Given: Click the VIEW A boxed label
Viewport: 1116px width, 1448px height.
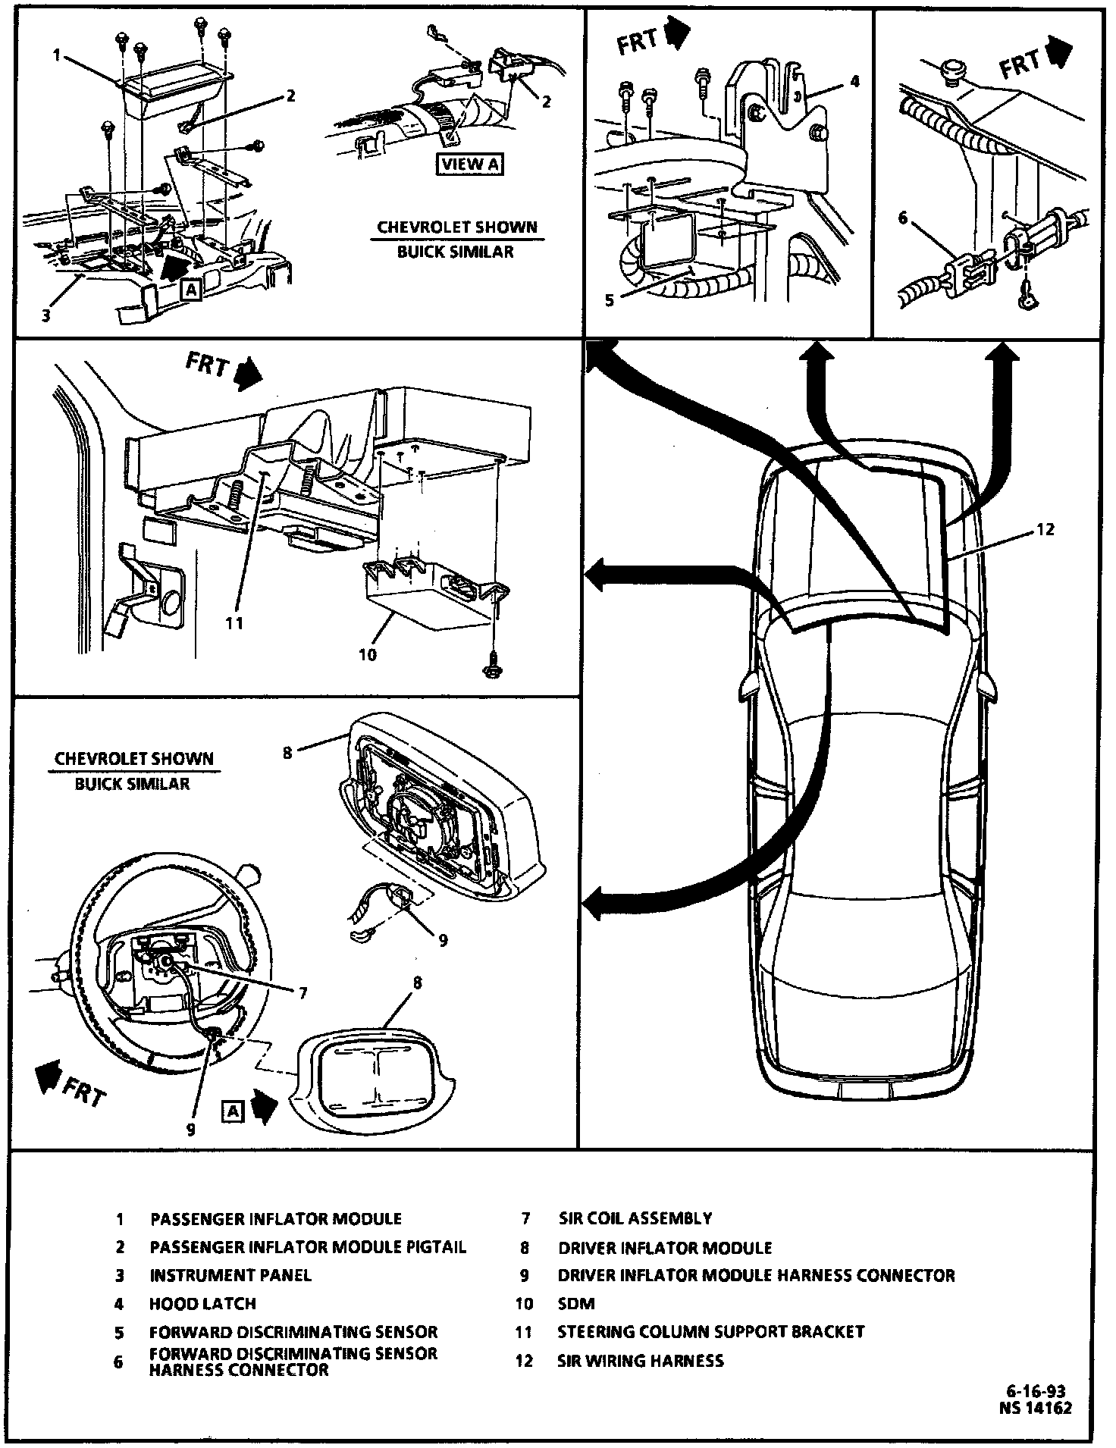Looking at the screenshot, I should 470,164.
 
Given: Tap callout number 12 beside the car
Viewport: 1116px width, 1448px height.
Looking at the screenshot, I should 1045,529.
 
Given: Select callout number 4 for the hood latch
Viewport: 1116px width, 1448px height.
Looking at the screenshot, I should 854,81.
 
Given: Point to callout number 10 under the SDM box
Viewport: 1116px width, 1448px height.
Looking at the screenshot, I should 368,653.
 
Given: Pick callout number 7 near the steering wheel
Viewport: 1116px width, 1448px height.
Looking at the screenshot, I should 303,992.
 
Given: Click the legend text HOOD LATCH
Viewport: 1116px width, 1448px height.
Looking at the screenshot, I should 202,1303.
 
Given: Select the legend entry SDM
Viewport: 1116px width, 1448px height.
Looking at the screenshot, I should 576,1303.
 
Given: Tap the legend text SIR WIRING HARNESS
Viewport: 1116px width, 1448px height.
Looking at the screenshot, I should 641,1360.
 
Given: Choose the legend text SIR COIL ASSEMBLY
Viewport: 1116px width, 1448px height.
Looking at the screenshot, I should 635,1218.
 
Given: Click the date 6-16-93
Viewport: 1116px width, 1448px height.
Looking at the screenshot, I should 1036,1391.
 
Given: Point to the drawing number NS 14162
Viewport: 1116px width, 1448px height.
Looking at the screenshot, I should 1036,1408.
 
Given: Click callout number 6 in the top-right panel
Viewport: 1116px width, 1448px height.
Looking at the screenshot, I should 902,218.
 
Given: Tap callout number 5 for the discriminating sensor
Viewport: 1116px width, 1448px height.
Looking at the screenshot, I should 609,300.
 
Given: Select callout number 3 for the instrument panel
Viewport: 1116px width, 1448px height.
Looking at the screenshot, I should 45,315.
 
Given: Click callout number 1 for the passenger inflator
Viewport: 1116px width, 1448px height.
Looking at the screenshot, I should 56,54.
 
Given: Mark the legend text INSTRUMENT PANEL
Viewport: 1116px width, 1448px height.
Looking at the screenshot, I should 230,1274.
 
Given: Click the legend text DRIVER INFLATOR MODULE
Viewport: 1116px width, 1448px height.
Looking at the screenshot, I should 665,1247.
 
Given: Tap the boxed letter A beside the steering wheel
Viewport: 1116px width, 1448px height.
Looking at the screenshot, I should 232,1111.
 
